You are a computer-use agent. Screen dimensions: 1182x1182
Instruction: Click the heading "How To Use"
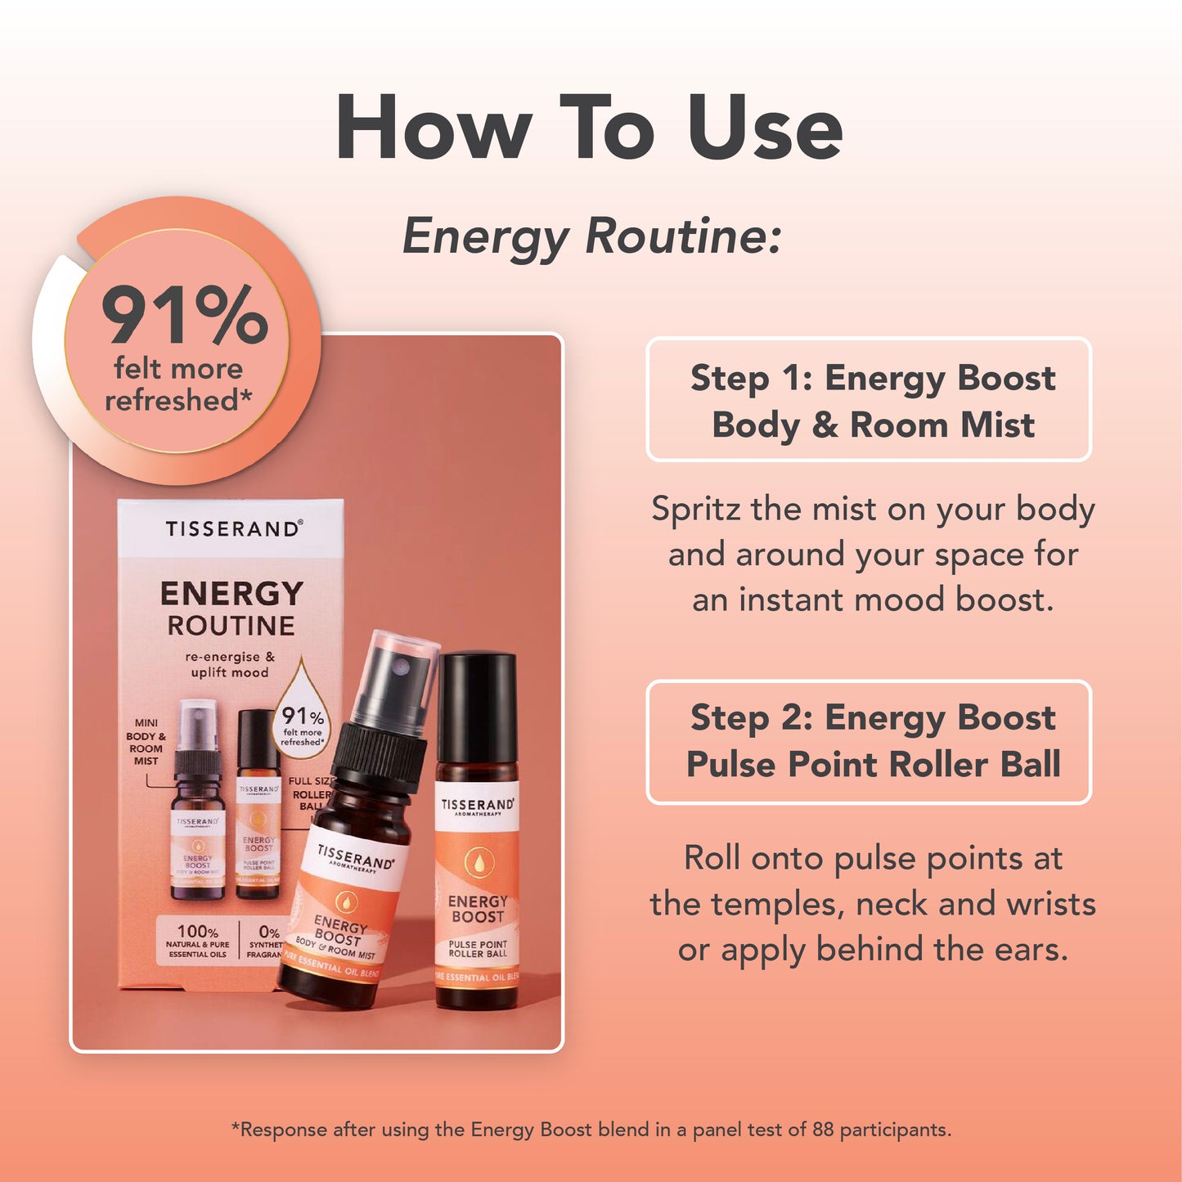[x=589, y=128]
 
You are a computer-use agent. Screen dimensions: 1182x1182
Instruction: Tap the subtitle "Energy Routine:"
[x=592, y=237]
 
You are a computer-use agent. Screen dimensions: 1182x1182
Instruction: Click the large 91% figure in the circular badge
[x=184, y=316]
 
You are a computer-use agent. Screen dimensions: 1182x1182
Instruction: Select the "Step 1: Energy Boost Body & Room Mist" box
[x=869, y=400]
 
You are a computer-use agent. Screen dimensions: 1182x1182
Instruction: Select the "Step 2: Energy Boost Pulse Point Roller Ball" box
[x=869, y=741]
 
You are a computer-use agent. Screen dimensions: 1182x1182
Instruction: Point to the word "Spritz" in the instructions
[x=696, y=510]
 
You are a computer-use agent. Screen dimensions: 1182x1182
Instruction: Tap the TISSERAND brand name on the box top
[x=233, y=529]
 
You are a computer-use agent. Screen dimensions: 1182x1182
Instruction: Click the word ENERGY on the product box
[x=231, y=593]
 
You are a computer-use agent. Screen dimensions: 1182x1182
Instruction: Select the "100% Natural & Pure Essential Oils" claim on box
[x=197, y=941]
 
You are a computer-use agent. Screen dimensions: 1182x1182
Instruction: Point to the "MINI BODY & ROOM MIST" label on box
[x=146, y=742]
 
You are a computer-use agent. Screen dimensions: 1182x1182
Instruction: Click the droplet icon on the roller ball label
[x=477, y=861]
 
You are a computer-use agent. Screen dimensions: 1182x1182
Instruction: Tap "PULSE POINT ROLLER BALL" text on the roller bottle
[x=478, y=949]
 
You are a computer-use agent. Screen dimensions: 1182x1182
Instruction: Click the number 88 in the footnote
[x=822, y=1130]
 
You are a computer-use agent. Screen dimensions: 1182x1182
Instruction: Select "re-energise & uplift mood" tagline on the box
[x=230, y=664]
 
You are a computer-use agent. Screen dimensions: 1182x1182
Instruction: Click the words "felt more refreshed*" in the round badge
[x=178, y=384]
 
